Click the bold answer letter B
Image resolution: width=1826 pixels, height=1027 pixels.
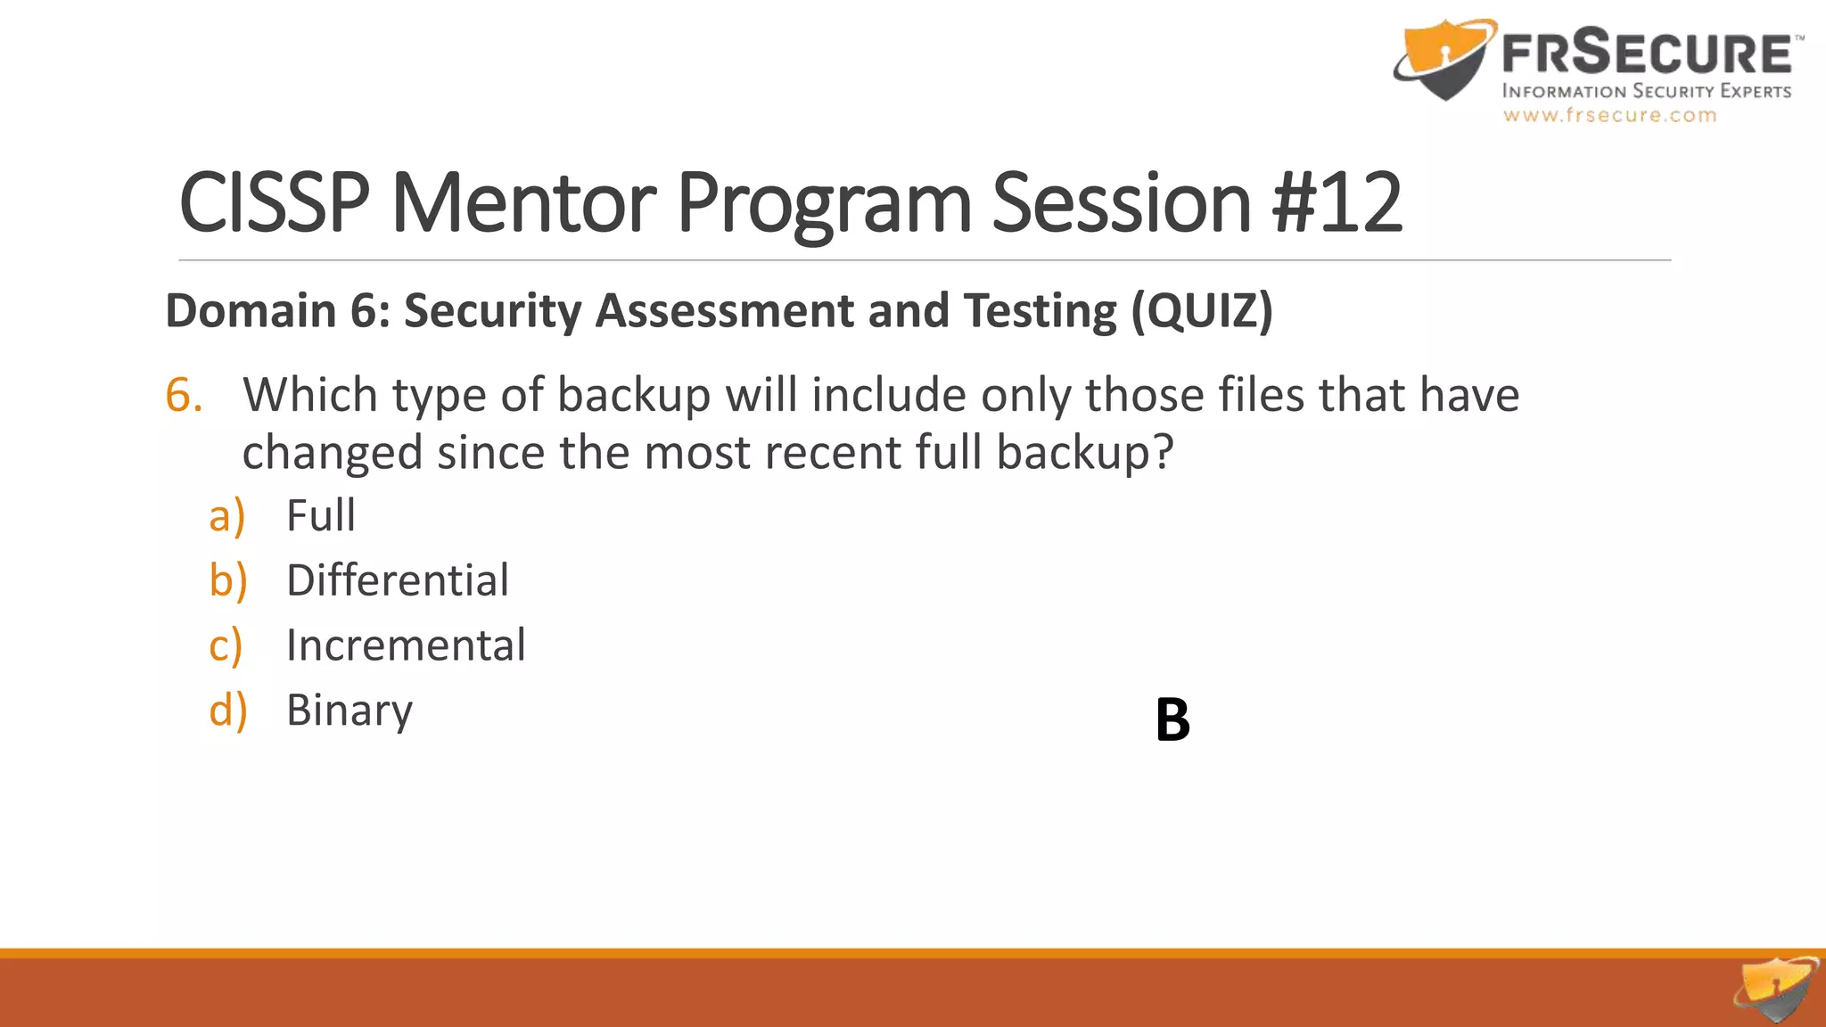[1172, 719]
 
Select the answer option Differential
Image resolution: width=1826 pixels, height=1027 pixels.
[397, 580]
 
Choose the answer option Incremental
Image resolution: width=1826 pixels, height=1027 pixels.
[406, 645]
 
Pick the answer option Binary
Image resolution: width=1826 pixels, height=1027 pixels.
[349, 711]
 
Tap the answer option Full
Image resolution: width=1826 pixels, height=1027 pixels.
[320, 515]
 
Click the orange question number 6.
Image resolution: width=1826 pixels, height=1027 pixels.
[184, 395]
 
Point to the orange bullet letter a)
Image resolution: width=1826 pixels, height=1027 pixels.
[226, 516]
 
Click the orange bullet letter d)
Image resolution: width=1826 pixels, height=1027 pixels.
[227, 711]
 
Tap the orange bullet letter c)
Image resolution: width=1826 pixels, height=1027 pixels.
[226, 645]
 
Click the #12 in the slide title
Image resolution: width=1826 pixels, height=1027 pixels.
[1337, 203]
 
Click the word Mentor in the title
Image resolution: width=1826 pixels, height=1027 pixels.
[523, 203]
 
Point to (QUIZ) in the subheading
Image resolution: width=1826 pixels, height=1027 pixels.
[1202, 311]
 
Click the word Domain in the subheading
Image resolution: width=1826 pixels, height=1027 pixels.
[250, 311]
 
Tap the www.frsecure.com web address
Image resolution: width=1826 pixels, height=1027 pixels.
[1609, 115]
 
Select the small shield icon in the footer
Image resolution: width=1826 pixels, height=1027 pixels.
[1776, 989]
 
